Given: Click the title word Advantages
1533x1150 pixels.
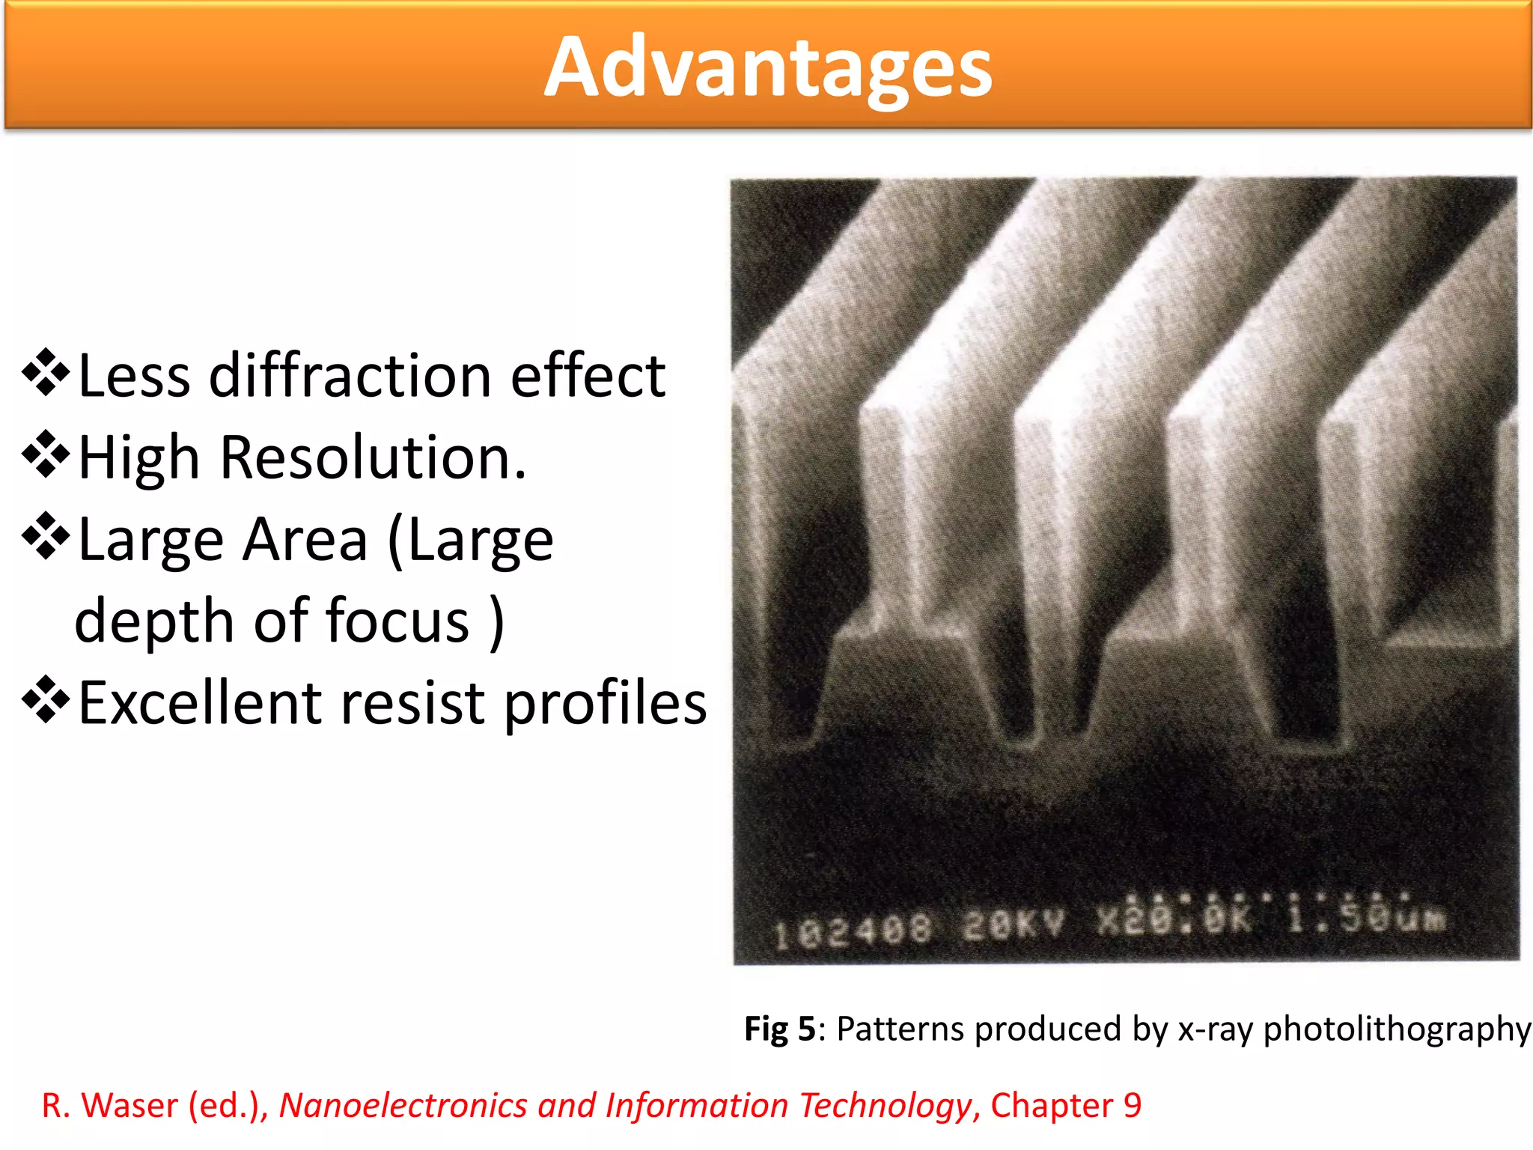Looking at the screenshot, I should (767, 67).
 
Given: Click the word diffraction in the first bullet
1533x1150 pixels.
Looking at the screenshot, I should (349, 376).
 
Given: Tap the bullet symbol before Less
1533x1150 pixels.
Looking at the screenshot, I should (46, 372).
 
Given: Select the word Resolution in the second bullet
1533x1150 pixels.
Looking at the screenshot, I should (373, 457).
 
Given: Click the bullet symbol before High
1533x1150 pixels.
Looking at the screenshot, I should (46, 454).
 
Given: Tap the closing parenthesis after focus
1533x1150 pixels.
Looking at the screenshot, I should (496, 622).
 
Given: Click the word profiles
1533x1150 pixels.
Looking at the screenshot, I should (605, 705).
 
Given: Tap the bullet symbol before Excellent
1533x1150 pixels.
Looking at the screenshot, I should (46, 699).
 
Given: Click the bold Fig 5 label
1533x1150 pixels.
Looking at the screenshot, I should (778, 1029).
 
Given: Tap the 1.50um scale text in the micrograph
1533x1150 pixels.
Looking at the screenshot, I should (1367, 917).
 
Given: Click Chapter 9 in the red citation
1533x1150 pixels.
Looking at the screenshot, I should (1066, 1106).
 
